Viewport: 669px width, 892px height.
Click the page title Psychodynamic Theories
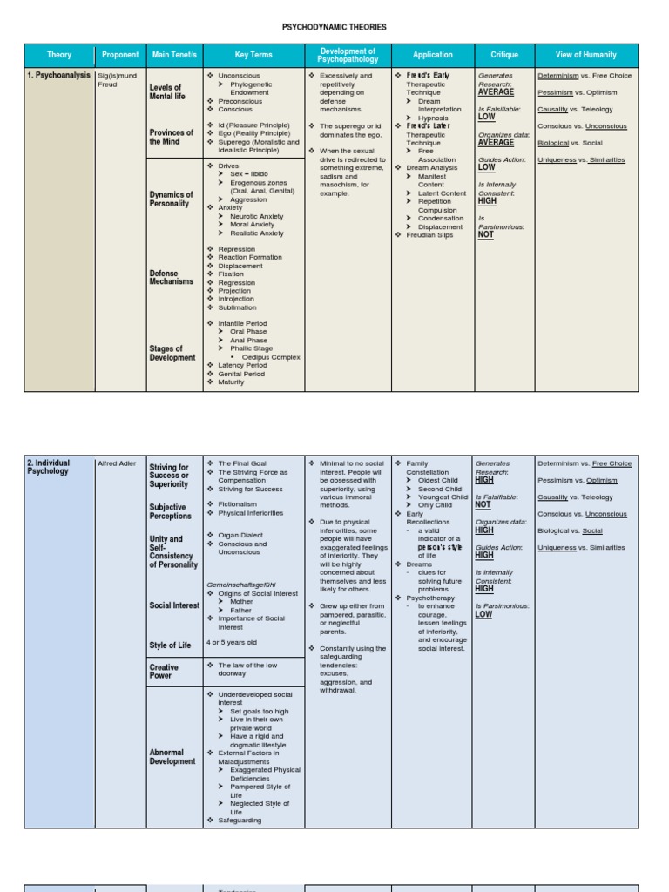[334, 28]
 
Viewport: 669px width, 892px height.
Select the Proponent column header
[120, 55]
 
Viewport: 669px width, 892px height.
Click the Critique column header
[504, 55]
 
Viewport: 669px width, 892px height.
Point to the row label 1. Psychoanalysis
[58, 76]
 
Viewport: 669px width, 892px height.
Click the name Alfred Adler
[117, 464]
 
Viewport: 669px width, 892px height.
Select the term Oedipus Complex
[269, 357]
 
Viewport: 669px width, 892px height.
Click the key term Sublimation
[237, 307]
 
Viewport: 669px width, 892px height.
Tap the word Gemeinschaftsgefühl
[240, 585]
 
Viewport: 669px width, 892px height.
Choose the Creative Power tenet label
[164, 672]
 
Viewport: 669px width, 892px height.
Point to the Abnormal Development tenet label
[172, 756]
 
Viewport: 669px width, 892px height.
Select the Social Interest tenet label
[174, 605]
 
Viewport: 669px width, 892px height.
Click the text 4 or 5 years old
[232, 642]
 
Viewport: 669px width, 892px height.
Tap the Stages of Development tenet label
[172, 353]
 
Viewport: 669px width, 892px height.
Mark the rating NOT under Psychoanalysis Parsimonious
[485, 234]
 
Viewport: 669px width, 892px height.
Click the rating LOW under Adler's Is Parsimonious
[483, 614]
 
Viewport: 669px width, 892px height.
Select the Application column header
[433, 55]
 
